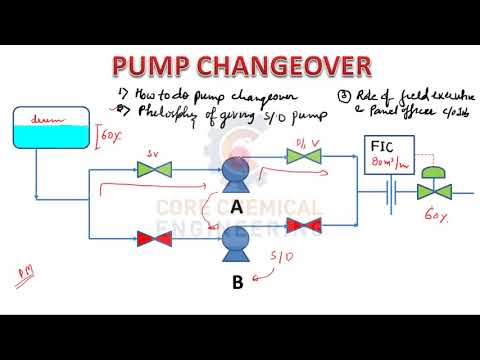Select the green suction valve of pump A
pos(154,171)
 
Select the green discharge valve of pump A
pos(301,157)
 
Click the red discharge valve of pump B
pos(301,239)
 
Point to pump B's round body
pos(238,240)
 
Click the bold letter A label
pos(236,206)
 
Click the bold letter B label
pos(237,282)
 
